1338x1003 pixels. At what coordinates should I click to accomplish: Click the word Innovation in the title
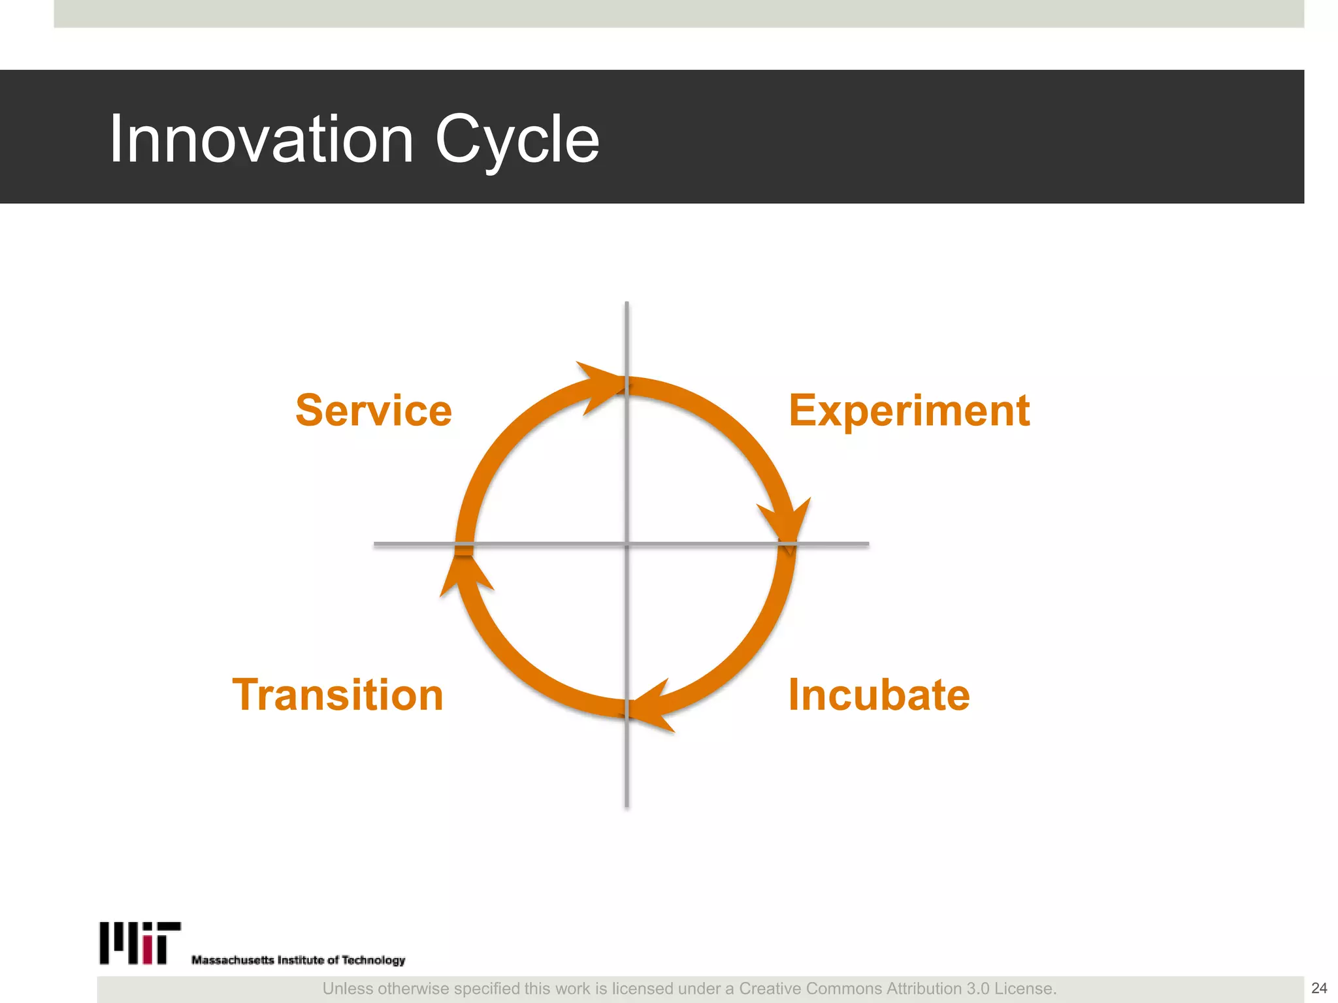(261, 138)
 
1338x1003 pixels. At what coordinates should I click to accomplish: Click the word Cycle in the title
(517, 138)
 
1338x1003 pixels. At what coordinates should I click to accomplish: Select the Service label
(374, 410)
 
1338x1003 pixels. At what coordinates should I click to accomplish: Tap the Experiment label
(909, 410)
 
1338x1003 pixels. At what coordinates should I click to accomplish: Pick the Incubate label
(879, 694)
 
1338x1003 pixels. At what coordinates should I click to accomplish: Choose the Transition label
(338, 694)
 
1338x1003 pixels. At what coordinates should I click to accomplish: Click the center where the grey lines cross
(627, 543)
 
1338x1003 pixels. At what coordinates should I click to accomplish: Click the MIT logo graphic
(140, 943)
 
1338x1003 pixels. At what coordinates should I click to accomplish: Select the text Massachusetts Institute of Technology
(298, 960)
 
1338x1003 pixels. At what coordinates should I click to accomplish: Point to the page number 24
(1319, 988)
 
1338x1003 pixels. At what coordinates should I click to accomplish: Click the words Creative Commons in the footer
(810, 989)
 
